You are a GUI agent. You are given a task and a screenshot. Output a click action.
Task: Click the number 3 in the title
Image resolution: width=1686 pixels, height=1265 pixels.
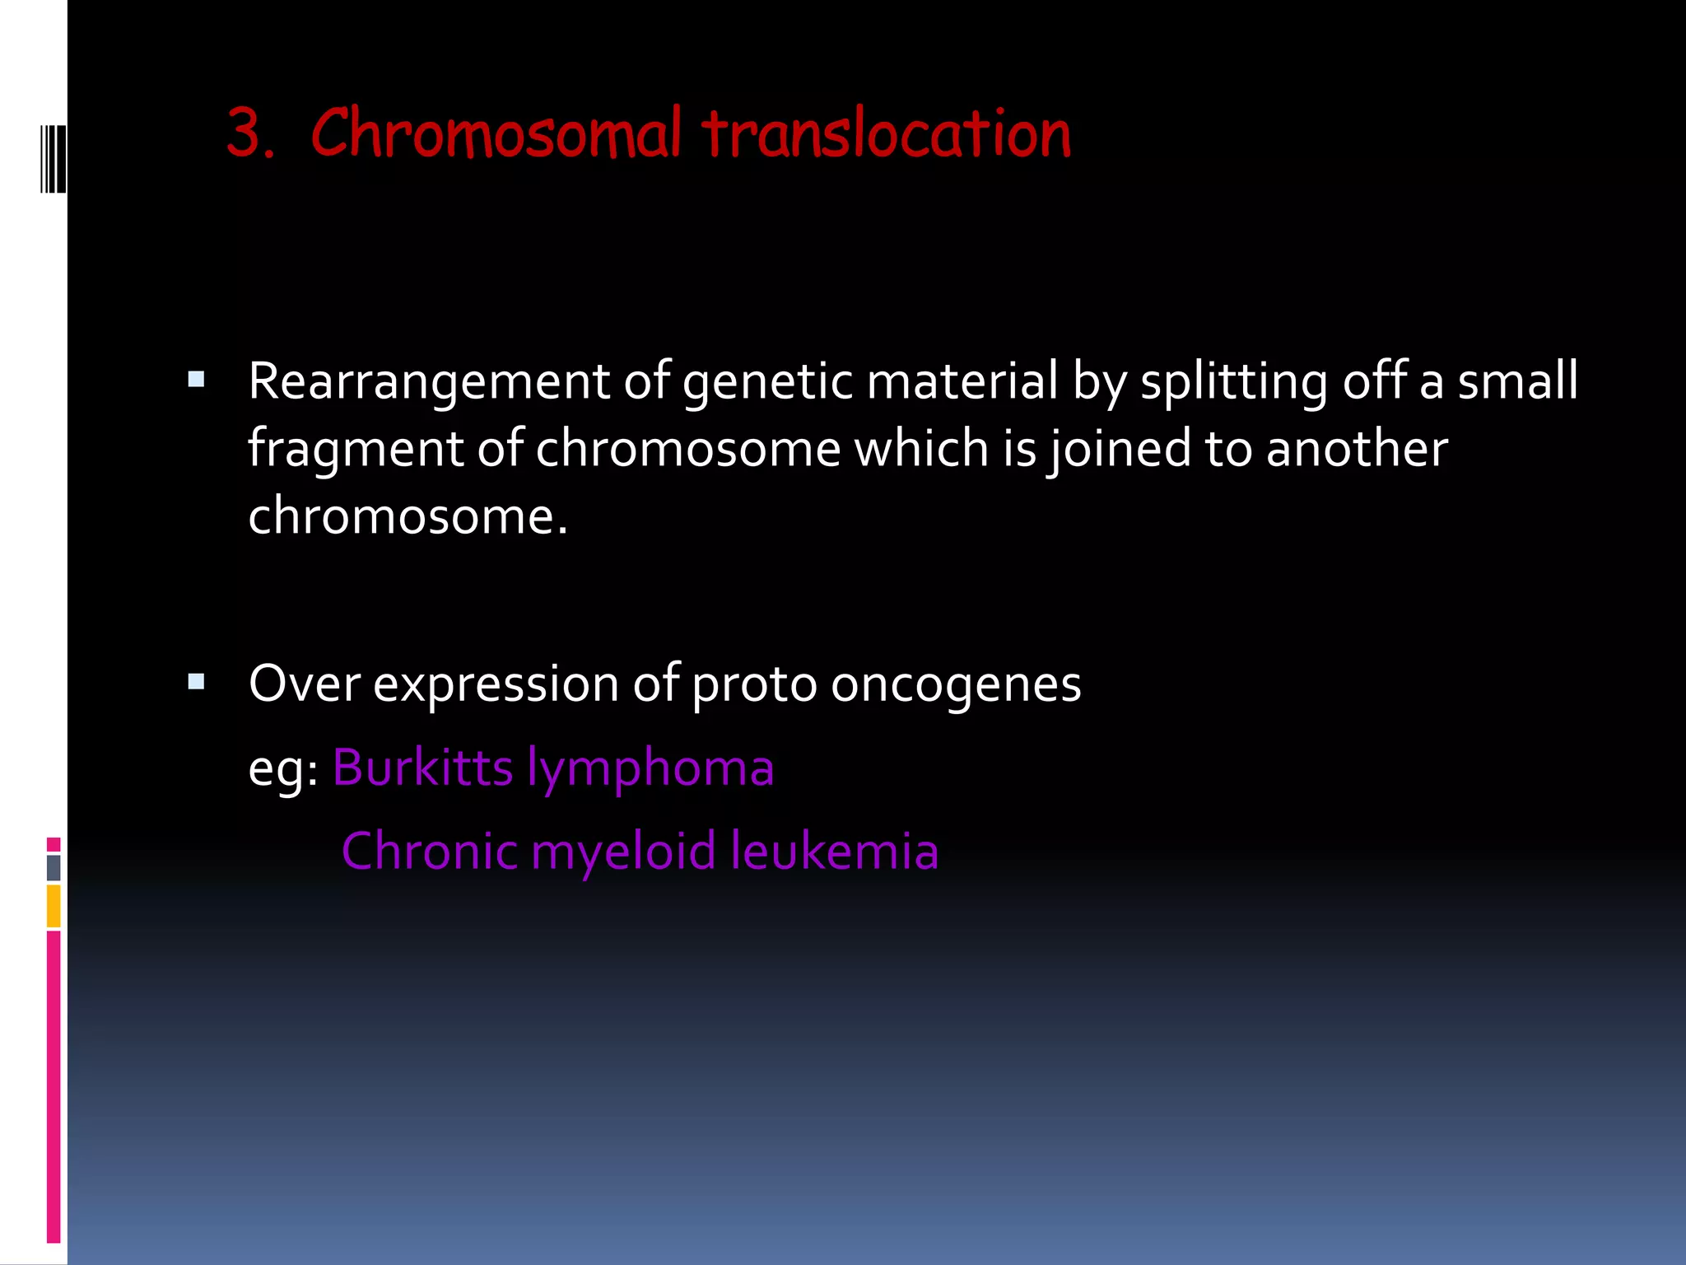coord(248,134)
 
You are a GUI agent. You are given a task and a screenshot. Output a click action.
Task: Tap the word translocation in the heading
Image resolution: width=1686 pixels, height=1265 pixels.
coord(887,134)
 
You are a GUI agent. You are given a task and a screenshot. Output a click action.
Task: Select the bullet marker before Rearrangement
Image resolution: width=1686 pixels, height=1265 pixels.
coord(196,380)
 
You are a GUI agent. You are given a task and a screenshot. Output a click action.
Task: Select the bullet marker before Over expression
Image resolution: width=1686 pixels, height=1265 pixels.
coord(196,681)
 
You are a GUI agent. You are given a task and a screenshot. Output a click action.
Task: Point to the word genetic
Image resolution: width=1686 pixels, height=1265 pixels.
coord(767,382)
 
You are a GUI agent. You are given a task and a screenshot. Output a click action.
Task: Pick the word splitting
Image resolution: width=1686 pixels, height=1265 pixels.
coord(1233,382)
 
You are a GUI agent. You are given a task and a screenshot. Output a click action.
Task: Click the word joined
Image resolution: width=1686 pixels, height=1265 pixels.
coord(1118,450)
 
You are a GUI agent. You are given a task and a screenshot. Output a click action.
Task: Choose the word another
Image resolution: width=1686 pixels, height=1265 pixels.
coord(1357,450)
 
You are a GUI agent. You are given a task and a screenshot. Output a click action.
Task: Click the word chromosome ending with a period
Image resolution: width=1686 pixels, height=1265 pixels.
coord(408,517)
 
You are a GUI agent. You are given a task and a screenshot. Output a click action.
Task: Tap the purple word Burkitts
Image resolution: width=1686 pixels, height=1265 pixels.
coord(422,768)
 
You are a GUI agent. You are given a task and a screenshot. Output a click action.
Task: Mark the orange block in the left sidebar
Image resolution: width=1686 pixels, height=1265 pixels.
coord(54,906)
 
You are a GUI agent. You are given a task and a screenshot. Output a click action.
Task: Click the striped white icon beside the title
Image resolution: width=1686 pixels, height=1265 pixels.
coord(53,158)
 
